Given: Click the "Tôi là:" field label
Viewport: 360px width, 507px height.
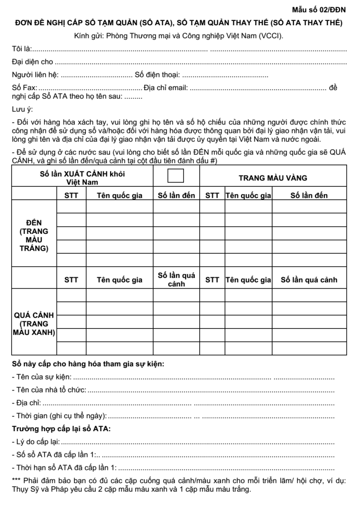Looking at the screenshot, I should [21, 50].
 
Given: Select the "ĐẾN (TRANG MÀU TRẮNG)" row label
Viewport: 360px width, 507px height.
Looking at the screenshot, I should [34, 236].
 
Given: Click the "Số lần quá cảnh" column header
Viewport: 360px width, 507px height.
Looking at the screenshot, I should [309, 280].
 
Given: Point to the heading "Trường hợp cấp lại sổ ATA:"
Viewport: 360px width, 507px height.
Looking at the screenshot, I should [61, 428].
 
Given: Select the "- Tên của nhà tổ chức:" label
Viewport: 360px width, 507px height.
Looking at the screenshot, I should [49, 390].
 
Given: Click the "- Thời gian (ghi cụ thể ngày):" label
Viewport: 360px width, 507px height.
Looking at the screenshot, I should [60, 415].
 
